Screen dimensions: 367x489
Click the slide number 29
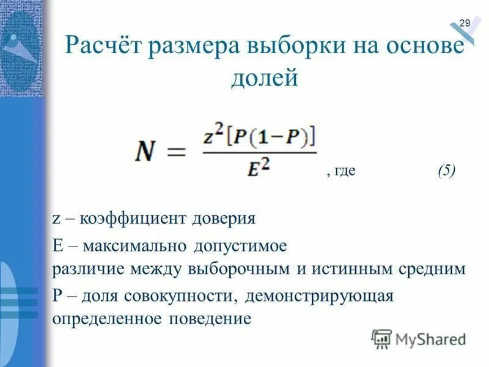tap(465, 23)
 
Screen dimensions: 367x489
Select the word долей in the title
tap(264, 78)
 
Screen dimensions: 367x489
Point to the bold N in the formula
tap(149, 150)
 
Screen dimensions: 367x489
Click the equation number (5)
tap(446, 171)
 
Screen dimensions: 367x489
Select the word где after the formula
tap(344, 172)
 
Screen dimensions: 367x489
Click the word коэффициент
tap(129, 218)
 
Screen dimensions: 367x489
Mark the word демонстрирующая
tap(318, 297)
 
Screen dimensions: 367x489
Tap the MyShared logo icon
tap(381, 338)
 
